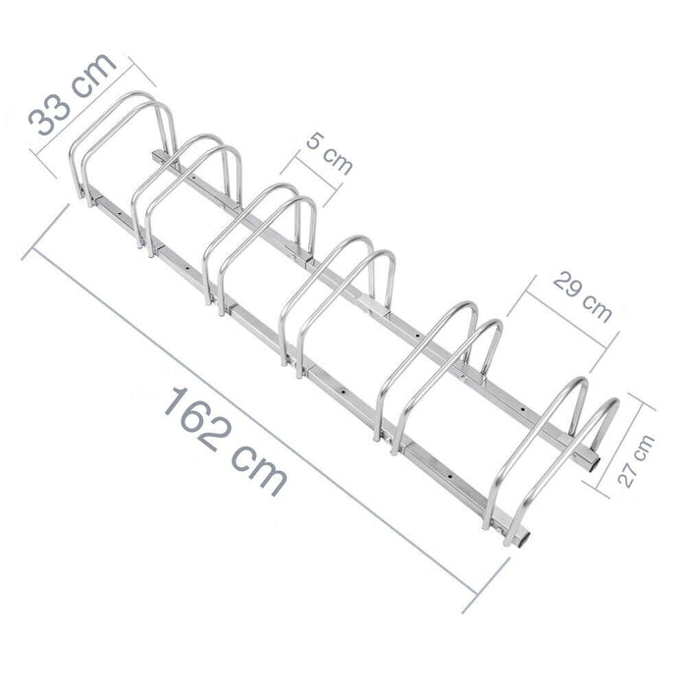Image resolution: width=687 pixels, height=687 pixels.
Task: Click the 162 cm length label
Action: (226, 441)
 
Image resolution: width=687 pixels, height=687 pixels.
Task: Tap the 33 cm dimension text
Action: (73, 94)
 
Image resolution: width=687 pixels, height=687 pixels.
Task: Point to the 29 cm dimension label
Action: (582, 296)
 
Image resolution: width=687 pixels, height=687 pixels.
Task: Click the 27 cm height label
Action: (636, 461)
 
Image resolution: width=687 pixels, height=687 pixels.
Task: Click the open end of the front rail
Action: (522, 538)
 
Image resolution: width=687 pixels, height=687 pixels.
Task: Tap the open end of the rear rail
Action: (592, 462)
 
